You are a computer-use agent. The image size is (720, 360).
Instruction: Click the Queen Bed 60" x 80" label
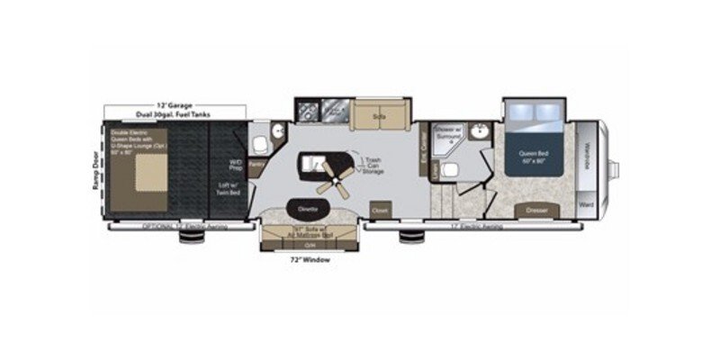[534, 157]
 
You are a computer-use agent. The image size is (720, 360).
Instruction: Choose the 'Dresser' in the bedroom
[536, 211]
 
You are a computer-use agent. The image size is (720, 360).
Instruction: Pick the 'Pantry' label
[256, 164]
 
